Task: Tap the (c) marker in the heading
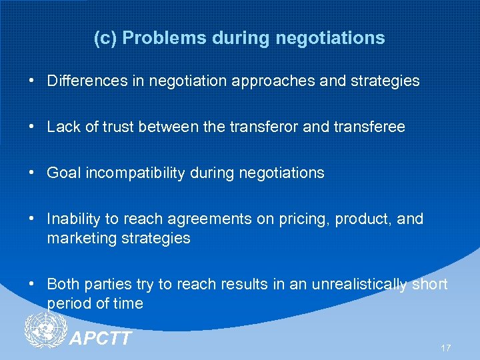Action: pos(105,38)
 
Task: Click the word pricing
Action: pos(275,219)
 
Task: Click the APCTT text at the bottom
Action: pos(101,339)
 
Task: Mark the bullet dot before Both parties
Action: pos(32,284)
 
